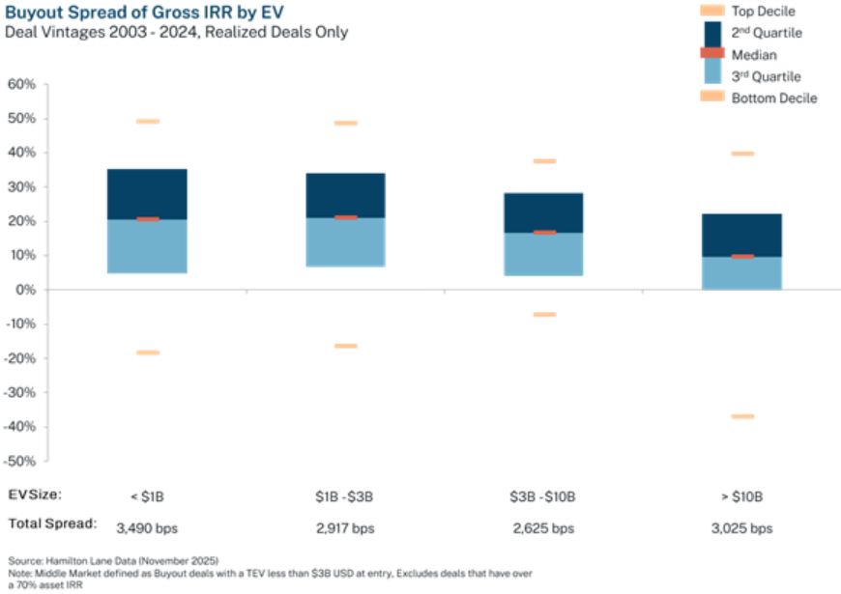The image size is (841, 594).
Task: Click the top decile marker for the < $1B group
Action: pos(148,121)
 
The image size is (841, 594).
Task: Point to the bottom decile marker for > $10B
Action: pos(742,416)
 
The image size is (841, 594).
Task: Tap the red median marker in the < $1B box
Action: pos(148,219)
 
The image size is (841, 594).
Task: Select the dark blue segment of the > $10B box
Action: pos(742,234)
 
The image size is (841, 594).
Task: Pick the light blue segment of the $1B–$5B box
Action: pos(345,243)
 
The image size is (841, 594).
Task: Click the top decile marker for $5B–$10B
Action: pos(544,161)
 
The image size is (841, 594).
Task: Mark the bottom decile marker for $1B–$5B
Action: pos(345,345)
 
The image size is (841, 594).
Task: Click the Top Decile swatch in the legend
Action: pos(711,11)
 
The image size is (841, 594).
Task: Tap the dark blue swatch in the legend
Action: pos(711,32)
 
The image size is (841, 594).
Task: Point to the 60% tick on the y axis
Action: pos(22,84)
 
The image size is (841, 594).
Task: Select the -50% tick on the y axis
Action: pos(22,461)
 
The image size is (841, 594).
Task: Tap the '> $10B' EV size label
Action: pos(742,496)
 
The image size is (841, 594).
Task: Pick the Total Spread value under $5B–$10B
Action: pos(543,528)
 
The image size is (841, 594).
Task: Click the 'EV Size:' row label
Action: pos(35,495)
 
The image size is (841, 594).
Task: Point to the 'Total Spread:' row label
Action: pos(51,523)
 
